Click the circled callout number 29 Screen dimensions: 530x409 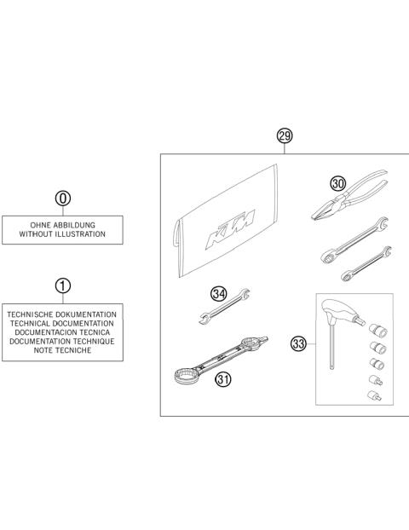285,136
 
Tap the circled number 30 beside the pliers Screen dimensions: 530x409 339,183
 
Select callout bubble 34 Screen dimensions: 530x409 219,295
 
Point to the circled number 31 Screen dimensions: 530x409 223,380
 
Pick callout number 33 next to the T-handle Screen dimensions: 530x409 298,345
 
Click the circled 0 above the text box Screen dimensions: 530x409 62,199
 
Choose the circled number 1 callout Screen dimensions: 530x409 62,286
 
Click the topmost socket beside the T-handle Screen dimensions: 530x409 375,329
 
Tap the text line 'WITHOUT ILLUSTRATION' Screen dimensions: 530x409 62,233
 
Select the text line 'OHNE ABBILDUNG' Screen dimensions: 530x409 62,224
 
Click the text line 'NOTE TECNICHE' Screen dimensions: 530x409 62,350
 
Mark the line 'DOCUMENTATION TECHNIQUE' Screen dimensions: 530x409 62,341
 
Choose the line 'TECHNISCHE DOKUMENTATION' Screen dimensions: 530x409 62,314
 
